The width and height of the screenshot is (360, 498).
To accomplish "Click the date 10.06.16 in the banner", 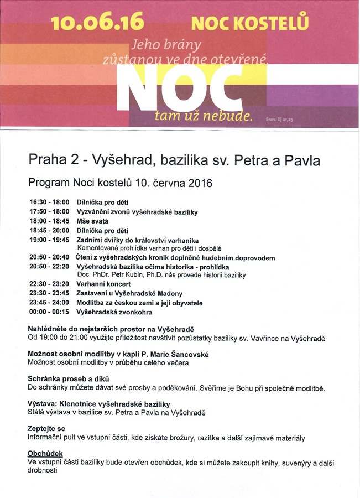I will [x=97, y=22].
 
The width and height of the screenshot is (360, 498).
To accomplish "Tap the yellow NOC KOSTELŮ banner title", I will [x=249, y=23].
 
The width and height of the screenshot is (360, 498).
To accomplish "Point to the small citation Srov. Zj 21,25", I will [x=279, y=118].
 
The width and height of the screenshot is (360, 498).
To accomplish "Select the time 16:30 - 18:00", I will [x=49, y=203].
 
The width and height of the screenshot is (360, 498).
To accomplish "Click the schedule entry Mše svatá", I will [x=92, y=221].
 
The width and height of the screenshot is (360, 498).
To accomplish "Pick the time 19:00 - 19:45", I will [x=49, y=240].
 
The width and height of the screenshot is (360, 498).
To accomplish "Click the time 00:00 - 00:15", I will [x=49, y=312].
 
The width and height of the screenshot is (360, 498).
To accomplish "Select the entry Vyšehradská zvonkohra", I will [x=114, y=312].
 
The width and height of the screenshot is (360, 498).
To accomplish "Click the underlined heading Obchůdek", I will [x=45, y=454].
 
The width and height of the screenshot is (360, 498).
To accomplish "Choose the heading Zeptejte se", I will [x=46, y=429].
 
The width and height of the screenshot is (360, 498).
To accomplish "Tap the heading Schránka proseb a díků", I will [x=70, y=379].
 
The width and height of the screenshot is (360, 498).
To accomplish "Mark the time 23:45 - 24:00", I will [x=49, y=303].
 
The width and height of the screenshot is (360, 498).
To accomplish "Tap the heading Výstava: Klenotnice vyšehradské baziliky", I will [x=99, y=404].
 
